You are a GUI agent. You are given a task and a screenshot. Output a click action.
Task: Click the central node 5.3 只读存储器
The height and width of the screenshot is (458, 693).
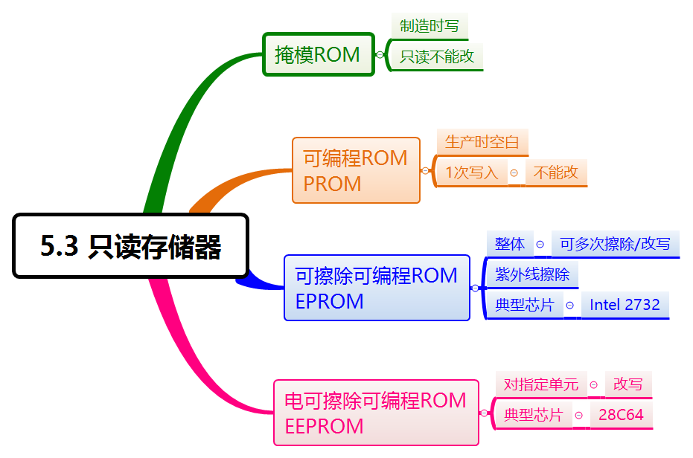[130, 246]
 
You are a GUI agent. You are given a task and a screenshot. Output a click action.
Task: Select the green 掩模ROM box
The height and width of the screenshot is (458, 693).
[318, 54]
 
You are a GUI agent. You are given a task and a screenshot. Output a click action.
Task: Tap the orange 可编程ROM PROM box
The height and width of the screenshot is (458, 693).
[356, 170]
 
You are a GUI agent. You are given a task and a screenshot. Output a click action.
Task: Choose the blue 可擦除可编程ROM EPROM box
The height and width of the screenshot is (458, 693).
[377, 288]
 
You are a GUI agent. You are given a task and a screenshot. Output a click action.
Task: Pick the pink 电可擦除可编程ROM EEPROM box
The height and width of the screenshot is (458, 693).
[376, 413]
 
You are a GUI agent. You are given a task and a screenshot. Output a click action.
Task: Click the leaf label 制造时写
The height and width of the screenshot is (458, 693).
[429, 26]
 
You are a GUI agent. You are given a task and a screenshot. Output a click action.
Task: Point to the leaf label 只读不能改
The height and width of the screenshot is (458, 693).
[437, 57]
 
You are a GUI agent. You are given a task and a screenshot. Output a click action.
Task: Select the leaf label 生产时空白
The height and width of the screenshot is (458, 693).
[482, 141]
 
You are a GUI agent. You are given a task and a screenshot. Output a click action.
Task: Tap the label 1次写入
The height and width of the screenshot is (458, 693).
[472, 172]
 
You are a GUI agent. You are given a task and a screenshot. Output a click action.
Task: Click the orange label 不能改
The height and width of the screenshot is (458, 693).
[556, 172]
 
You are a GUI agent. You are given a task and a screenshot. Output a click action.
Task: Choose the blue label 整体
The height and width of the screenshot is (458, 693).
[510, 244]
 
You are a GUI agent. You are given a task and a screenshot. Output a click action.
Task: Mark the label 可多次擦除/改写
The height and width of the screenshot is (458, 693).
[615, 244]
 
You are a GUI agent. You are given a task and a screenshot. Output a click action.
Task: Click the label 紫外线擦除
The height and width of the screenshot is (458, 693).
[532, 274]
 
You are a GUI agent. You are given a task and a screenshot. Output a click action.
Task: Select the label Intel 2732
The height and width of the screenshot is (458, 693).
[625, 305]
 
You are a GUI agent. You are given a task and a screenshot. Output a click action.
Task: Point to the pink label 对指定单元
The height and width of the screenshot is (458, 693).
[541, 384]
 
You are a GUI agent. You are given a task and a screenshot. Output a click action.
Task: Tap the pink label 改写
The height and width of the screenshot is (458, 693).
[627, 384]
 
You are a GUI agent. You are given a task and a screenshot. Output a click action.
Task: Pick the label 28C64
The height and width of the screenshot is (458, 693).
[621, 415]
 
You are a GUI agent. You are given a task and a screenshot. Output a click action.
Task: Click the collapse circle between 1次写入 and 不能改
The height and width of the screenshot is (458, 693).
[514, 172]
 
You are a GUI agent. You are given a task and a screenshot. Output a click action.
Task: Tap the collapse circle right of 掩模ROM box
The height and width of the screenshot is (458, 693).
[380, 54]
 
